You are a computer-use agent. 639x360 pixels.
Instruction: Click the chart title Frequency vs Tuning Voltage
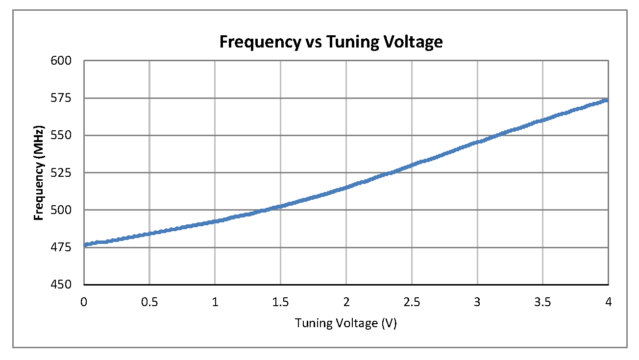tap(331, 42)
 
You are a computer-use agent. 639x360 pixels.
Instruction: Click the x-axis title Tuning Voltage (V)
tap(345, 323)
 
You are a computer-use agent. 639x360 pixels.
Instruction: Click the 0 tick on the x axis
tap(84, 302)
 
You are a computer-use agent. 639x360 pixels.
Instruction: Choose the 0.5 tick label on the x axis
tap(149, 302)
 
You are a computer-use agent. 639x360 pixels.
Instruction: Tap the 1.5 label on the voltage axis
tap(280, 302)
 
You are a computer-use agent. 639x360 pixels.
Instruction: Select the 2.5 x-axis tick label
tap(412, 302)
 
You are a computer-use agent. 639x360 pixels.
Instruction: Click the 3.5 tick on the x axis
tap(542, 302)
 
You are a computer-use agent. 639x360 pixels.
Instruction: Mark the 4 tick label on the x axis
tap(608, 302)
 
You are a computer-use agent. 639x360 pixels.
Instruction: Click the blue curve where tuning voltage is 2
tap(346, 187)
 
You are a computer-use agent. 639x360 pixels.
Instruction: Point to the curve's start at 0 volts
tap(85, 245)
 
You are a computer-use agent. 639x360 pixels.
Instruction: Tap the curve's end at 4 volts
tap(607, 100)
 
